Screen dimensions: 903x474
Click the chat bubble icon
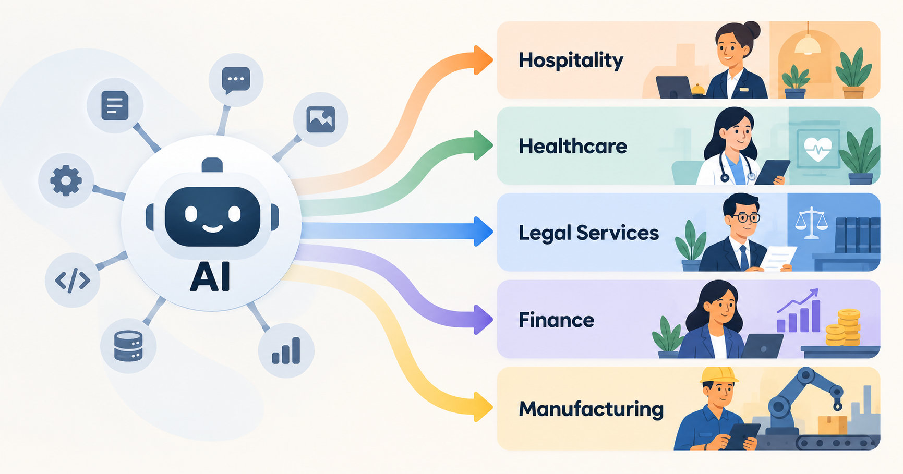(x=236, y=80)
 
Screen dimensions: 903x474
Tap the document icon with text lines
(x=115, y=105)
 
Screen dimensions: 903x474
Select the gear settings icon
(x=66, y=180)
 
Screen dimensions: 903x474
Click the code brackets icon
(x=73, y=280)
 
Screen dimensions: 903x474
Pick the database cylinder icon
(x=128, y=346)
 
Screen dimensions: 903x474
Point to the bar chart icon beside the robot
(x=286, y=350)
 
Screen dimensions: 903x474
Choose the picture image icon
(x=320, y=119)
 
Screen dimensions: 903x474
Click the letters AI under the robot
(x=210, y=276)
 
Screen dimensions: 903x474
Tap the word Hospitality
(x=571, y=60)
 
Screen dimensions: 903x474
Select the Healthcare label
(x=573, y=147)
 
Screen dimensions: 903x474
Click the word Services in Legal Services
(x=618, y=233)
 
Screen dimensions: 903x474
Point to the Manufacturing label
(x=591, y=409)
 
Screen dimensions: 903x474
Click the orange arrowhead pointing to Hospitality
(x=483, y=60)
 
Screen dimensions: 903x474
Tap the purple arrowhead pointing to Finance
(x=483, y=319)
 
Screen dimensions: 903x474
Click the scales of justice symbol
(x=811, y=223)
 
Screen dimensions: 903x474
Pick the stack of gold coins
(x=843, y=327)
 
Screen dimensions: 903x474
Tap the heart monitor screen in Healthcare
(x=818, y=150)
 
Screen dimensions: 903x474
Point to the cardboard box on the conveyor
(x=832, y=425)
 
